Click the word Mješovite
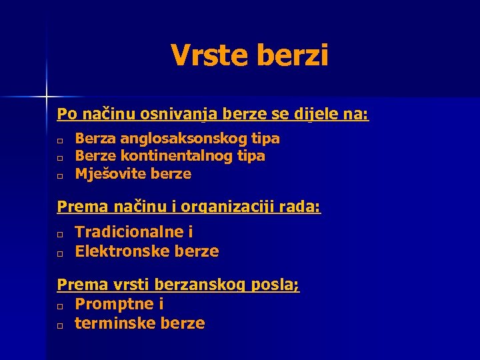111,174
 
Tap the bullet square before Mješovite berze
60,177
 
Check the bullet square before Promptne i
60,307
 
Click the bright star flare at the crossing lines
47,97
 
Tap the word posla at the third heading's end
281,285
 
